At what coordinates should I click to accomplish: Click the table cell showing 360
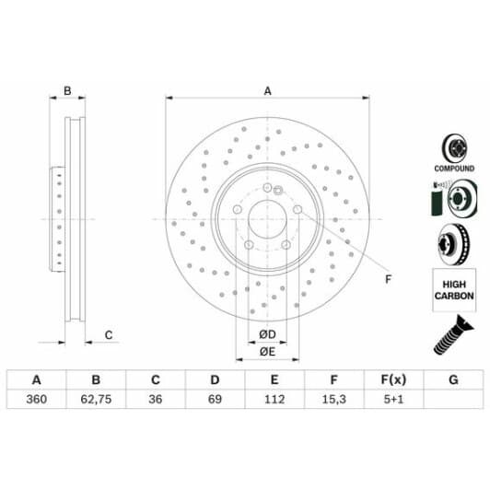[x=37, y=399]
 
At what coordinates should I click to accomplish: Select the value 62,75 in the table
[x=96, y=399]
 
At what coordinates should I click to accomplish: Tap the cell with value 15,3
[x=334, y=399]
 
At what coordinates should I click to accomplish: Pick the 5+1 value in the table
[x=393, y=399]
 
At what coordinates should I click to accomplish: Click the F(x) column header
[x=393, y=379]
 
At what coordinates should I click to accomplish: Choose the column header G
[x=453, y=379]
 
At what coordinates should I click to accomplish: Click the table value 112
[x=274, y=399]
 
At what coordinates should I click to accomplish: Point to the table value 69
[x=215, y=399]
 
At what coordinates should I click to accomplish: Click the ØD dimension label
[x=267, y=334]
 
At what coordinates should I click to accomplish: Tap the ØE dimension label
[x=267, y=352]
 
